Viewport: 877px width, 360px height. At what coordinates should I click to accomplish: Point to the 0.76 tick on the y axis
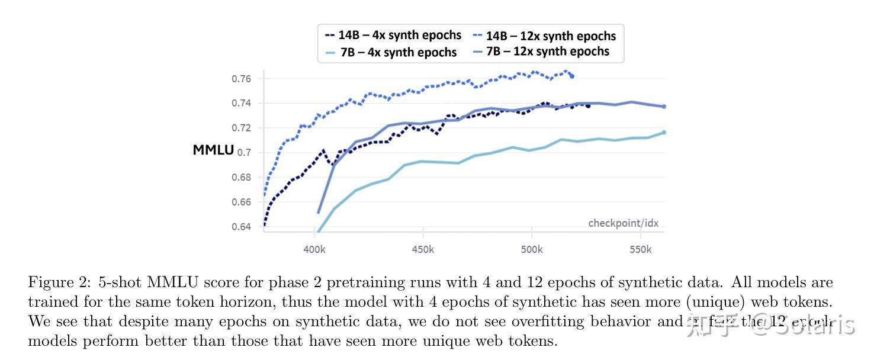point(241,79)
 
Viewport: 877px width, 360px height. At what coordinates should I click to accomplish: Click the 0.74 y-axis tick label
point(241,103)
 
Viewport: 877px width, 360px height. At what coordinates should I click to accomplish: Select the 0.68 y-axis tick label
point(241,178)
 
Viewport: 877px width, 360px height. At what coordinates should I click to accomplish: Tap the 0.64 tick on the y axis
point(241,227)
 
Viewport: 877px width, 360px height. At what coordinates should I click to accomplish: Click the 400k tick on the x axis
point(314,250)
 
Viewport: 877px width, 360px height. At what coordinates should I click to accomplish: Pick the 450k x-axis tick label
point(423,250)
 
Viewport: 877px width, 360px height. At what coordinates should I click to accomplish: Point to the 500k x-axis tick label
point(532,250)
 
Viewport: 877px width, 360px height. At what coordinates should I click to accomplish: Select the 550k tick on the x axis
point(641,250)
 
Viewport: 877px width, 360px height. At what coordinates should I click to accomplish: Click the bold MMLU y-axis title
point(213,150)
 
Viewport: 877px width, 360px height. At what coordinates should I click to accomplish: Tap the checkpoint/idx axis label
point(623,223)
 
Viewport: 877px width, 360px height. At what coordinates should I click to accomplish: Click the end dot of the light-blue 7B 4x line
point(664,132)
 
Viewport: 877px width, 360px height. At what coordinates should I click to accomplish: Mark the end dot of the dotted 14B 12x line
point(571,76)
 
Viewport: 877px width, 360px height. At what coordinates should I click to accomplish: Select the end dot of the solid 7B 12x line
point(664,107)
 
